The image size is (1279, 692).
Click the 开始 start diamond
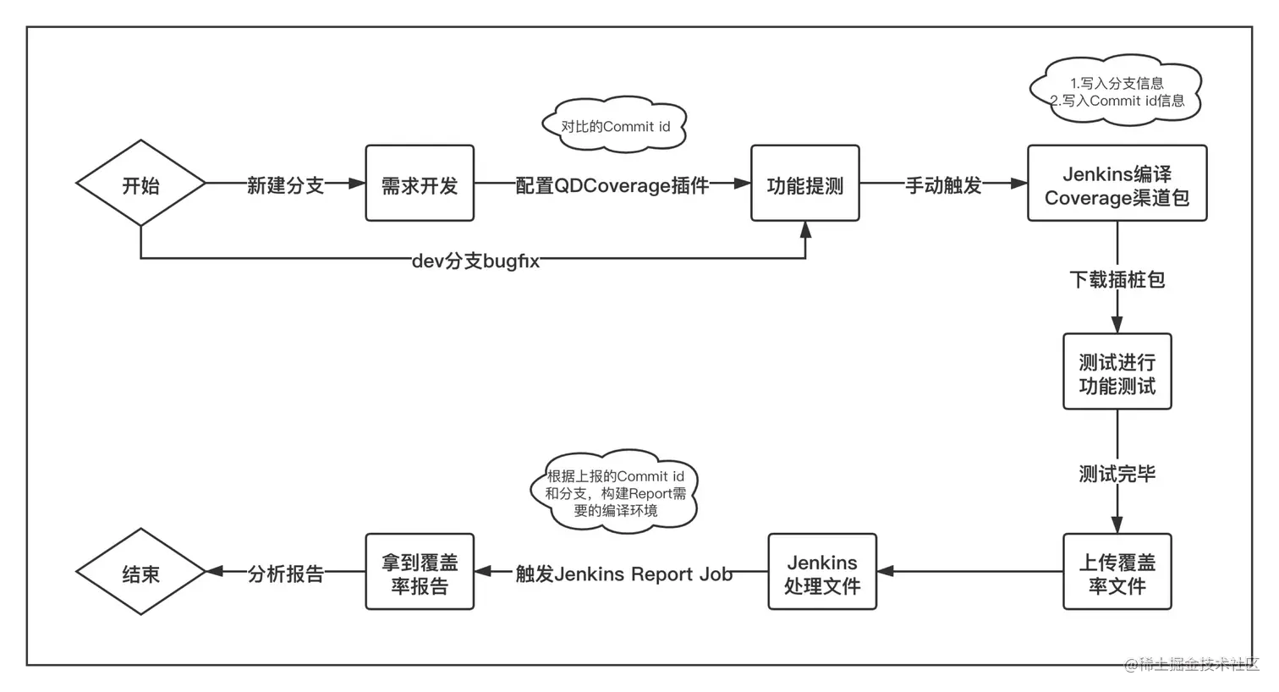[x=140, y=184]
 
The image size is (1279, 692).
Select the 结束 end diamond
[x=140, y=573]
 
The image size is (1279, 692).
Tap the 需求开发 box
[x=420, y=184]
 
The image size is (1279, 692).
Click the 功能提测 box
[x=804, y=184]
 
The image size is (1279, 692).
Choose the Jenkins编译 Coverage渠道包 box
[x=1117, y=184]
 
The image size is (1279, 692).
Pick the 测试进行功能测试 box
[x=1117, y=372]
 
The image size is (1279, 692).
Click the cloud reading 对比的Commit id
[x=615, y=127]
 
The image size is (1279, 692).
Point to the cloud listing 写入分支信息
[x=1117, y=91]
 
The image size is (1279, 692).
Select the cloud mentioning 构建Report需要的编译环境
[x=615, y=492]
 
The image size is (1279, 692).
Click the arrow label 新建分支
[x=285, y=185]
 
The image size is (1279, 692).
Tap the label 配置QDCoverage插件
[x=612, y=185]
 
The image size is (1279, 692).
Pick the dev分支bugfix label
[x=475, y=261]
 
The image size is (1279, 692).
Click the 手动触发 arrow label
[x=943, y=185]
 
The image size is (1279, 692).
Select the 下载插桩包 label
[x=1117, y=279]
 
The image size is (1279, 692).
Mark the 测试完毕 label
[x=1117, y=474]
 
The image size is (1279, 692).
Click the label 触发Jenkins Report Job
[x=623, y=574]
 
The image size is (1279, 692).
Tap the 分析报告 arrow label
[x=285, y=574]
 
